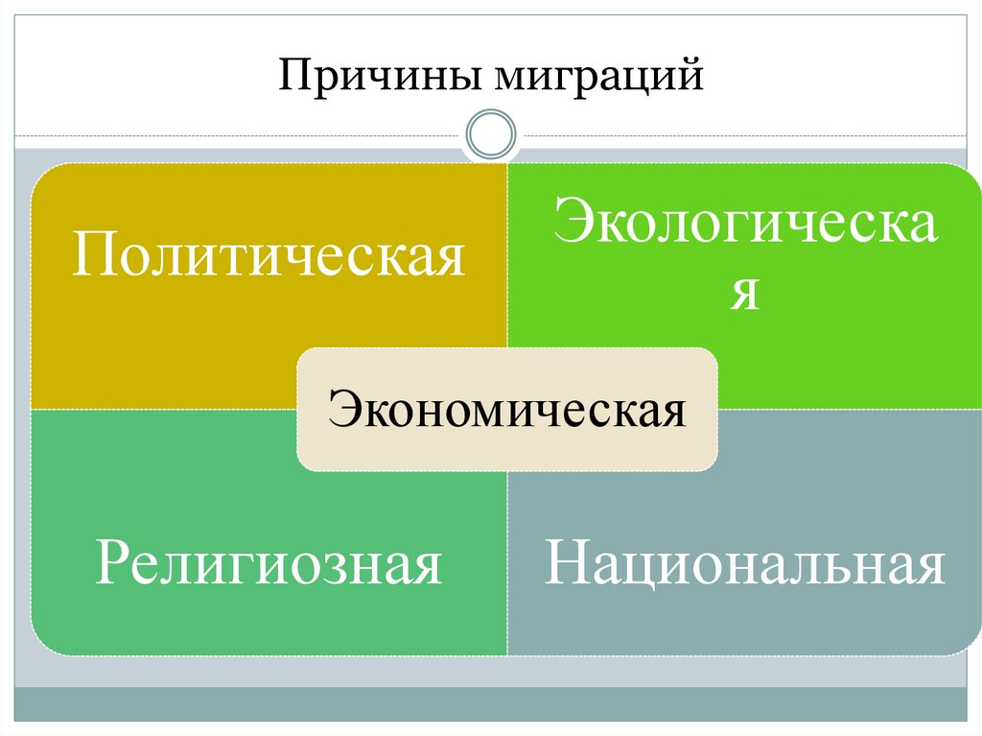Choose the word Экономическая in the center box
click(x=507, y=411)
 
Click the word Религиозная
click(x=269, y=563)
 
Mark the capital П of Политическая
click(x=93, y=256)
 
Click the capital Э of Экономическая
click(x=340, y=410)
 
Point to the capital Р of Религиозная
click(x=108, y=562)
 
